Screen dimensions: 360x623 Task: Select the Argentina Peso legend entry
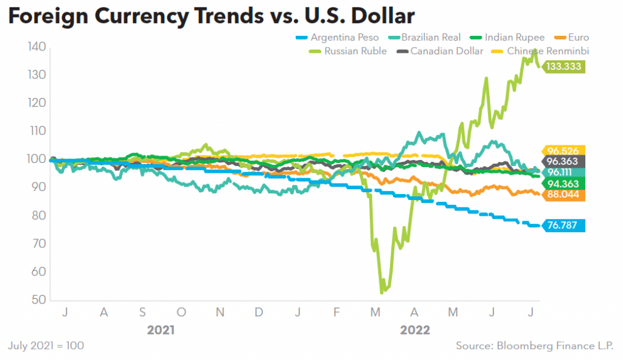pos(344,38)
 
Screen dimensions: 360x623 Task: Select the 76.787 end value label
pos(563,226)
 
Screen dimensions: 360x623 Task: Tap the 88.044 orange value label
pos(563,195)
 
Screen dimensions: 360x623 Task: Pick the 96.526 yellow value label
pos(563,151)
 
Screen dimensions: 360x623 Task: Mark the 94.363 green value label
pos(563,184)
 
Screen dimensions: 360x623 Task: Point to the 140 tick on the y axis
pos(37,47)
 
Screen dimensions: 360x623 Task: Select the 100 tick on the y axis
pos(37,159)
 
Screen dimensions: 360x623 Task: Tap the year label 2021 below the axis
pos(161,330)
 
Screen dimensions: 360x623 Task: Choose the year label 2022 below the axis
pos(414,330)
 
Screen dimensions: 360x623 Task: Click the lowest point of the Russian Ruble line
pos(381,292)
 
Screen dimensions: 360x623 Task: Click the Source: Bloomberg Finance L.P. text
pos(535,345)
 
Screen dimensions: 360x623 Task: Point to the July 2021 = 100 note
pos(46,345)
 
